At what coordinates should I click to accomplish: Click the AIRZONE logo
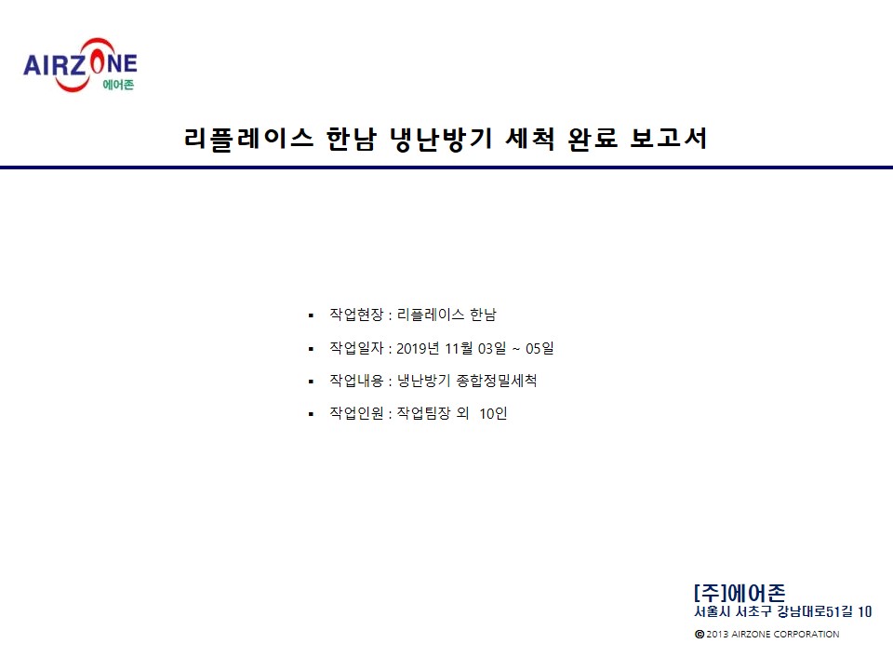pos(80,65)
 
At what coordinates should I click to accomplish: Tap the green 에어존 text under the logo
pos(118,85)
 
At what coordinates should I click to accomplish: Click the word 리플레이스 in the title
pos(249,139)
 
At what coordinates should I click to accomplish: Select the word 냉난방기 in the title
pos(441,139)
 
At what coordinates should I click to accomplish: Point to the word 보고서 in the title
pos(669,139)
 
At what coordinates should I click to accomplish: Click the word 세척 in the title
pos(530,139)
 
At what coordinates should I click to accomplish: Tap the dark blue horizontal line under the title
pos(446,167)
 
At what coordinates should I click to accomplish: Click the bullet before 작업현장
pos(311,315)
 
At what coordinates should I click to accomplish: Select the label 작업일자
pos(356,347)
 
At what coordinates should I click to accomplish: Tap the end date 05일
pos(540,348)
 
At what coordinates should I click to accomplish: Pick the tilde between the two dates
pos(516,349)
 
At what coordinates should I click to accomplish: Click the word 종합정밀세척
pos(497,380)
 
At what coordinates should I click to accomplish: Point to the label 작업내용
pos(356,380)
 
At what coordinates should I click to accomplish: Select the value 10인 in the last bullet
pos(493,413)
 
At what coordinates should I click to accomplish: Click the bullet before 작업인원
pos(311,414)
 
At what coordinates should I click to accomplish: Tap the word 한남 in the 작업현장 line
pos(483,314)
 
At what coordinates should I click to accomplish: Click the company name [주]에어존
pos(740,593)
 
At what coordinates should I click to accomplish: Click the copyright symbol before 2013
pos(700,634)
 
